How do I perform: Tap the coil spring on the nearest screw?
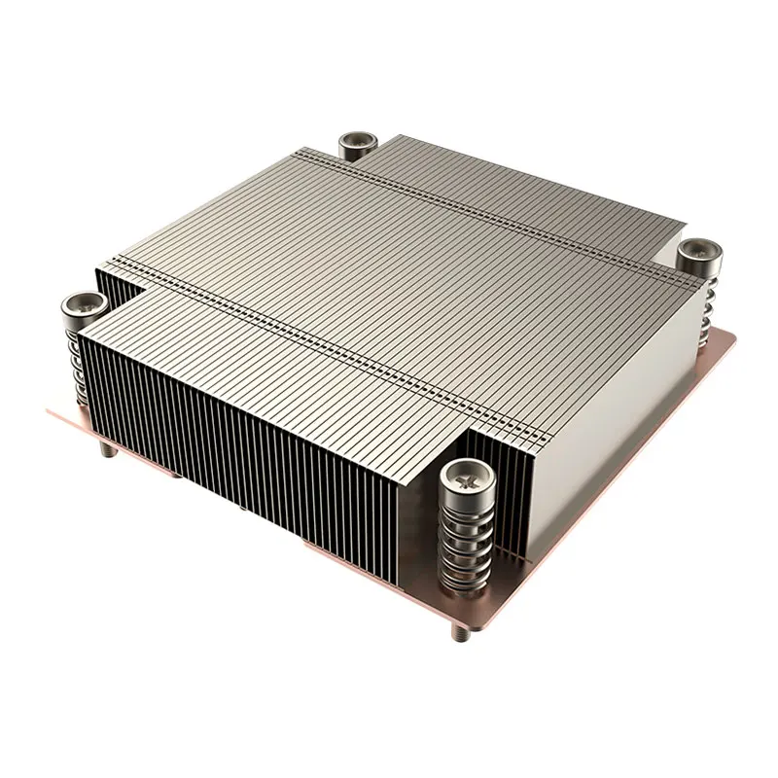click(x=464, y=545)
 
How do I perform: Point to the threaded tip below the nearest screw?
click(x=458, y=632)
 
